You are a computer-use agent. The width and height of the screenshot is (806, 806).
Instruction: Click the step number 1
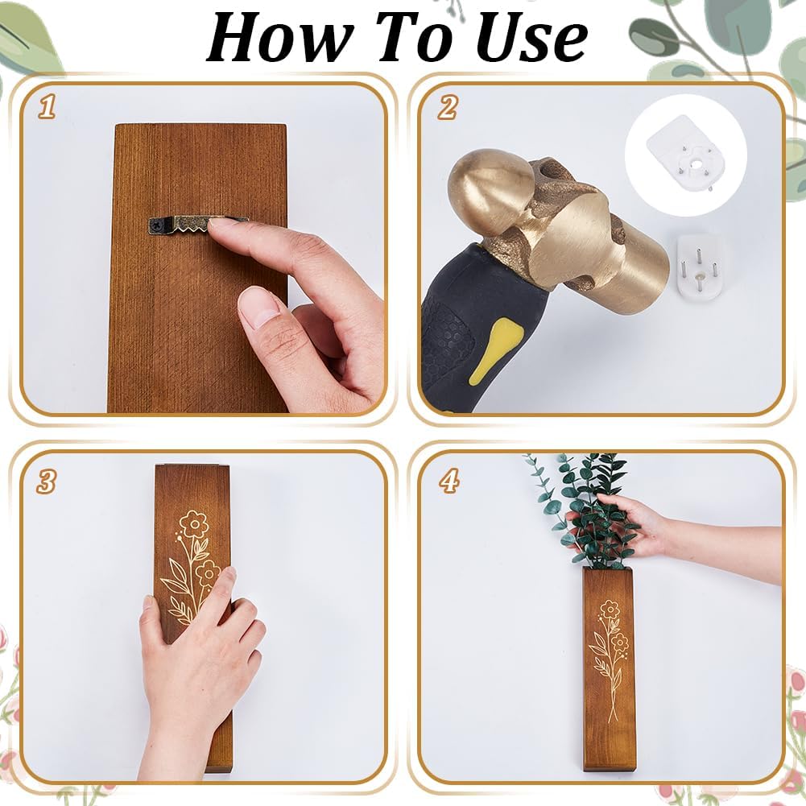[47, 107]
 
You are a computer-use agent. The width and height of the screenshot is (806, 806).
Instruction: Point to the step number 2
[447, 107]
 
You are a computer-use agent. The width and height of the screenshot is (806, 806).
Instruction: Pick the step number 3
[46, 482]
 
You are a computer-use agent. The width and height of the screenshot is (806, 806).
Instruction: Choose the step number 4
[449, 482]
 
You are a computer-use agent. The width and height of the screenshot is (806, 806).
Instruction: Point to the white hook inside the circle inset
[686, 153]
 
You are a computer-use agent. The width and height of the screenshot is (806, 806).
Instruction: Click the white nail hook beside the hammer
[699, 265]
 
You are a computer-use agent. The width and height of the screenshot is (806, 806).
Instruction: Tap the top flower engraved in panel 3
[193, 524]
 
